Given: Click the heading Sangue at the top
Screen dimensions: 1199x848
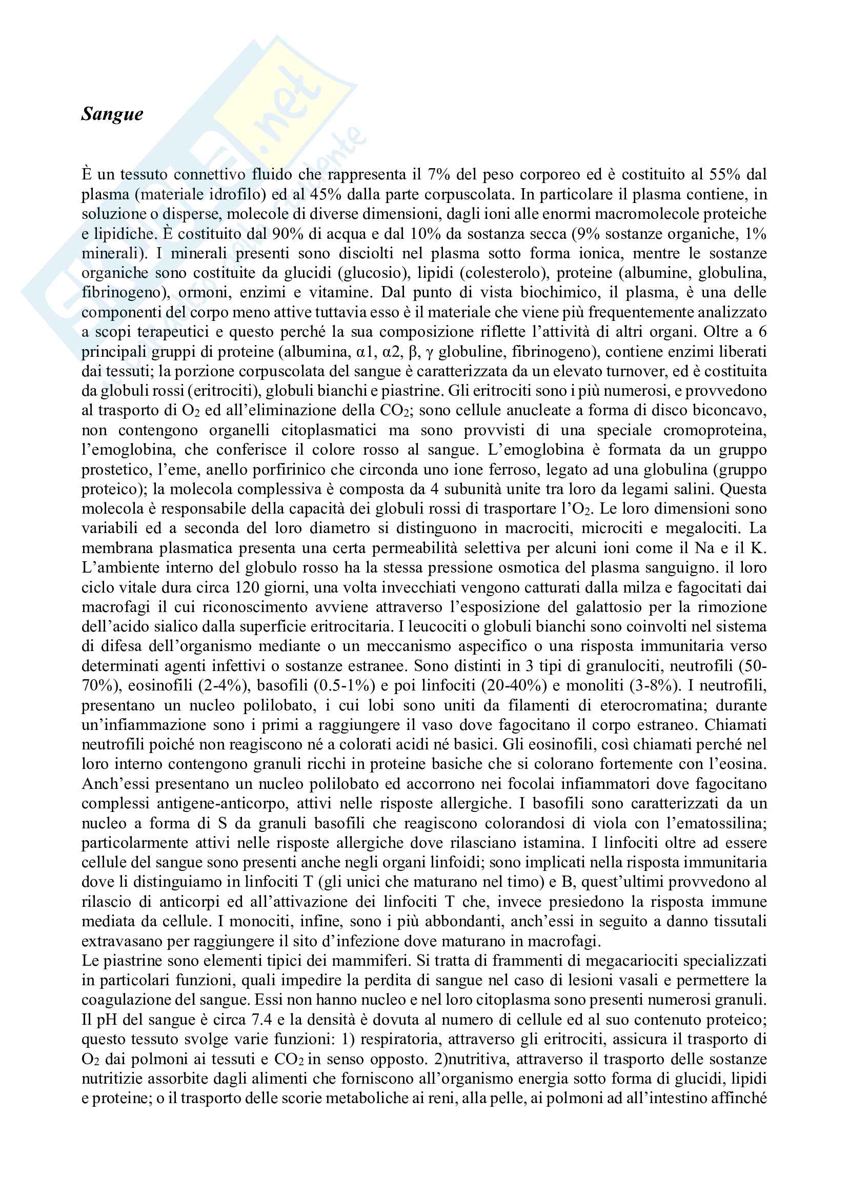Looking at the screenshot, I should (x=112, y=114).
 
